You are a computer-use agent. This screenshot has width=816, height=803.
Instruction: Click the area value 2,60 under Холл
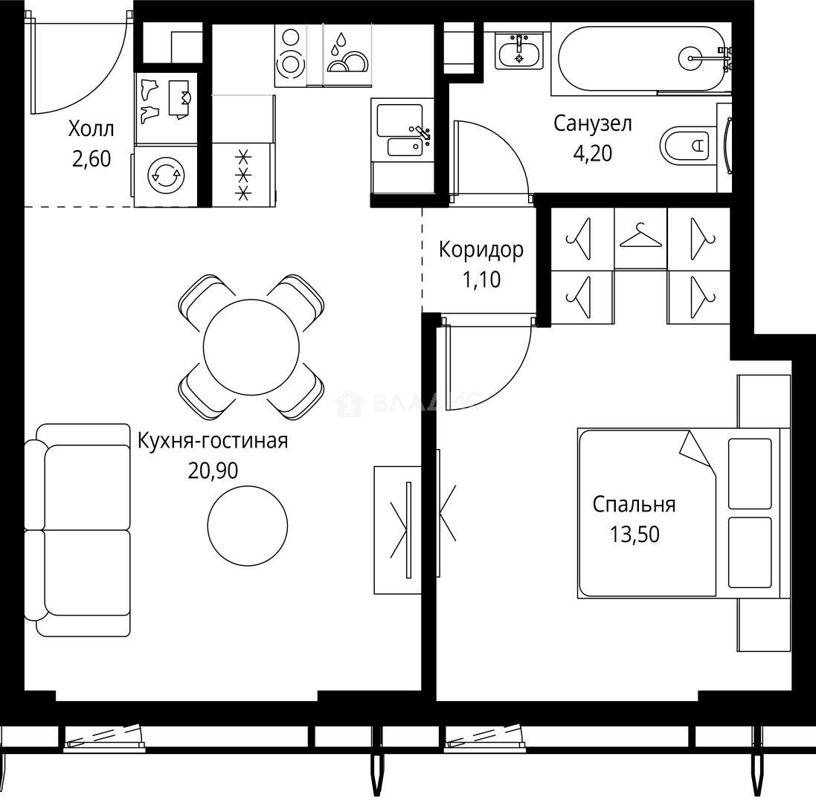(x=91, y=159)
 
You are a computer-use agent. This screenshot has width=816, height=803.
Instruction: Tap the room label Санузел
(x=592, y=123)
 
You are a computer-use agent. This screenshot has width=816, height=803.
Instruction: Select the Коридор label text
(x=481, y=250)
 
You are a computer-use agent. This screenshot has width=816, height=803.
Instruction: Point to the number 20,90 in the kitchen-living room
(x=213, y=471)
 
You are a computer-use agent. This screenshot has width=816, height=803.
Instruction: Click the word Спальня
(x=635, y=504)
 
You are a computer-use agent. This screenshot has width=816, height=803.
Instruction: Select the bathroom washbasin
(x=519, y=51)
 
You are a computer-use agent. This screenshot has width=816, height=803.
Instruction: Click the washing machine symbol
(x=165, y=175)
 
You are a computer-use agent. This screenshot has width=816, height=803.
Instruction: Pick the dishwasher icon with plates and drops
(x=347, y=54)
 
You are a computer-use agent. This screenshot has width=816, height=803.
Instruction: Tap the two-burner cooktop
(x=290, y=54)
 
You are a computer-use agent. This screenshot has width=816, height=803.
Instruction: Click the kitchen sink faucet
(x=420, y=132)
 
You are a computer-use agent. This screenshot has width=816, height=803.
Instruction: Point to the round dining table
(x=251, y=347)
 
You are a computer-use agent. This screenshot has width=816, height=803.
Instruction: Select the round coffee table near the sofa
(x=248, y=526)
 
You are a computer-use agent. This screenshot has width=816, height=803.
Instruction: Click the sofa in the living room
(x=77, y=530)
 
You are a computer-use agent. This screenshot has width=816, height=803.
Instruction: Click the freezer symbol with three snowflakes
(x=243, y=175)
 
